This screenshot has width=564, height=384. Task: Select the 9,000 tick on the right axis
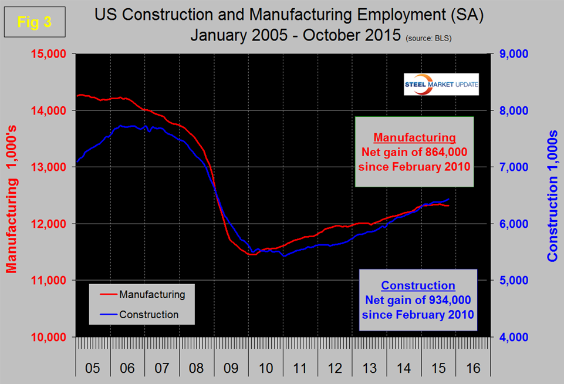512,54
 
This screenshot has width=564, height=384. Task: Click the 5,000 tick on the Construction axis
512,281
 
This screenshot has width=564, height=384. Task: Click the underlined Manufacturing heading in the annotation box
414,138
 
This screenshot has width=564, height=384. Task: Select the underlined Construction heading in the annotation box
418,286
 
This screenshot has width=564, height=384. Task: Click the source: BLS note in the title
430,38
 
